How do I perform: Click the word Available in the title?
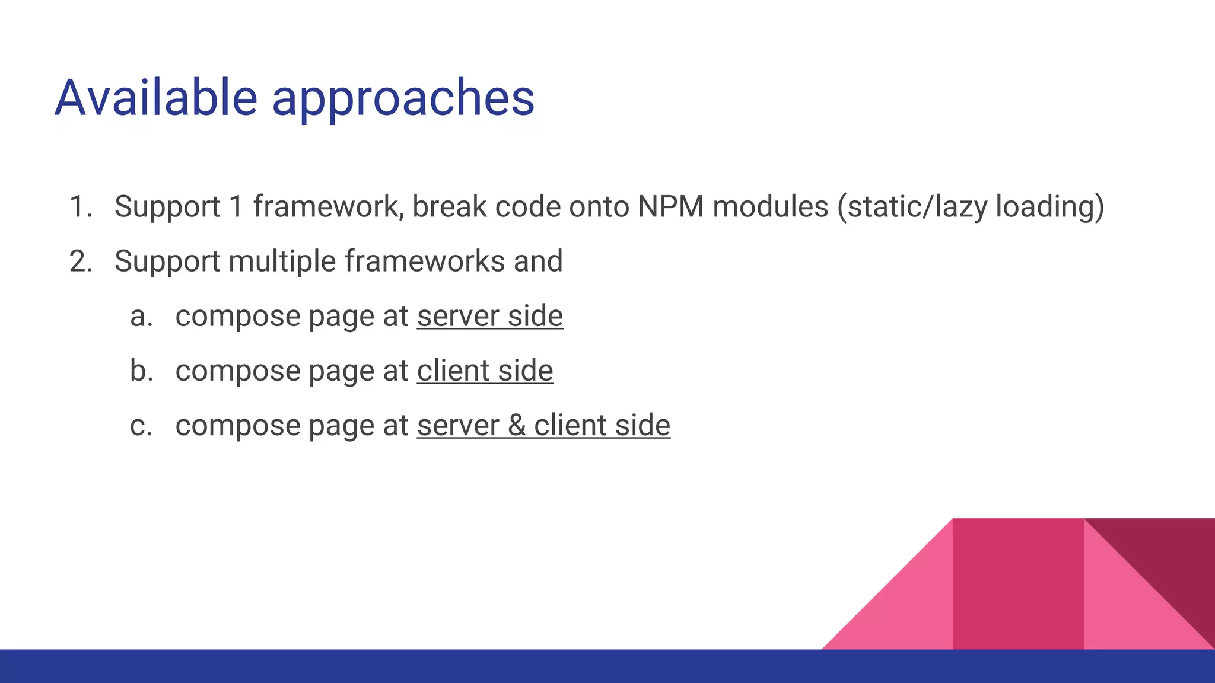click(x=155, y=98)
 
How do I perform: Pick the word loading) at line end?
click(x=1049, y=207)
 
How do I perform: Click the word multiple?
click(x=281, y=261)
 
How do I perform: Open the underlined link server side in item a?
click(x=489, y=316)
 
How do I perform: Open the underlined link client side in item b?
click(x=485, y=371)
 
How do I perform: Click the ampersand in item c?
click(x=516, y=426)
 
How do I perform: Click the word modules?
click(x=770, y=207)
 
